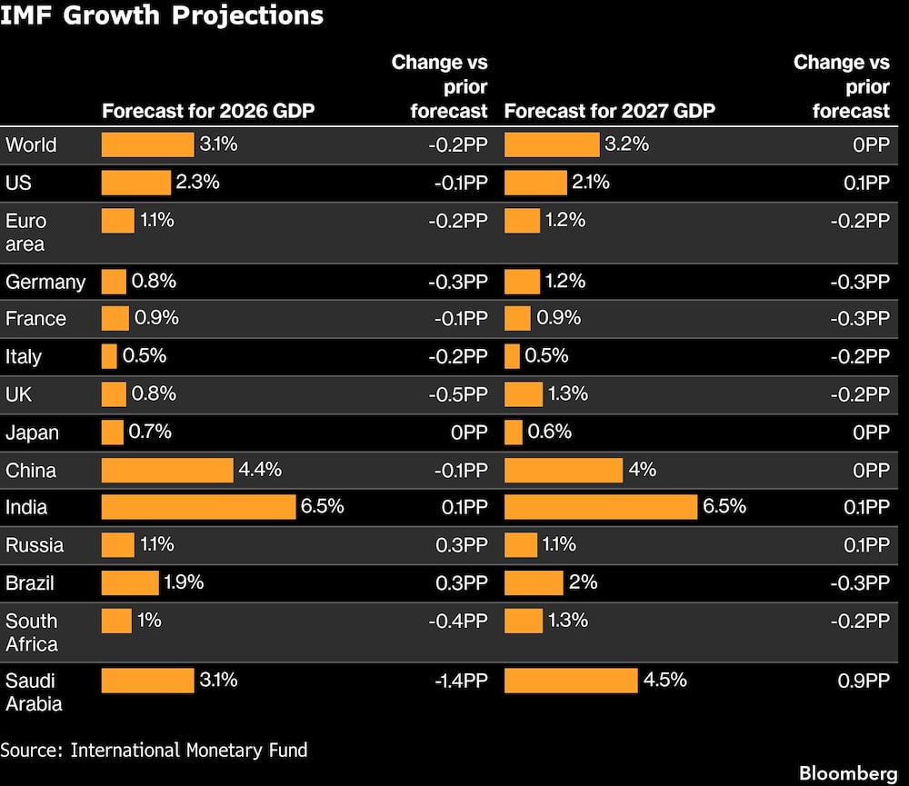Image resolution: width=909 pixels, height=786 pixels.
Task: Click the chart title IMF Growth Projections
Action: pyautogui.click(x=162, y=15)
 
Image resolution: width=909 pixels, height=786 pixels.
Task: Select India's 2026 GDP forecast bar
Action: pyautogui.click(x=198, y=507)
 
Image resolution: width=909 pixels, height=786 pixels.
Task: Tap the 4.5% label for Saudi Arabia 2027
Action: pyautogui.click(x=665, y=680)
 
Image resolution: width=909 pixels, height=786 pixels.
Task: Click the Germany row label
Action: pyautogui.click(x=45, y=282)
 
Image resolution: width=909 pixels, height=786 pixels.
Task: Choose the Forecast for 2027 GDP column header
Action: pyautogui.click(x=609, y=111)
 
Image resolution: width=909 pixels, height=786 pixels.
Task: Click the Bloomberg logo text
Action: pyautogui.click(x=848, y=772)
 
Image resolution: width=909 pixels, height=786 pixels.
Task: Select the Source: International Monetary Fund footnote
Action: pyautogui.click(x=155, y=750)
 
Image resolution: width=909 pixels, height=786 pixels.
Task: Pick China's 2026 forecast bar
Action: pyautogui.click(x=167, y=470)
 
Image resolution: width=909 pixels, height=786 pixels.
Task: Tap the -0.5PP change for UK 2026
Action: pyautogui.click(x=458, y=394)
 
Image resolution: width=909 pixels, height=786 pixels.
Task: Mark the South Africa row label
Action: pyautogui.click(x=32, y=632)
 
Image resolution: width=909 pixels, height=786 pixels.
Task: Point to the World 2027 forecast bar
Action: pyautogui.click(x=552, y=144)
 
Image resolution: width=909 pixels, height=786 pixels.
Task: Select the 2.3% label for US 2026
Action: pyautogui.click(x=197, y=182)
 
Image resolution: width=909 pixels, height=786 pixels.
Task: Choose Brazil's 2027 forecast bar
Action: pyautogui.click(x=534, y=582)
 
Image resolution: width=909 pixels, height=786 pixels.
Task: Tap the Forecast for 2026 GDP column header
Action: pyautogui.click(x=208, y=111)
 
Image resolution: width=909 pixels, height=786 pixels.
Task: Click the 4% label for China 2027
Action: pyautogui.click(x=642, y=470)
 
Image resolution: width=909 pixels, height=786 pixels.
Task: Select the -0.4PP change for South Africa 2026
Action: pyautogui.click(x=458, y=621)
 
